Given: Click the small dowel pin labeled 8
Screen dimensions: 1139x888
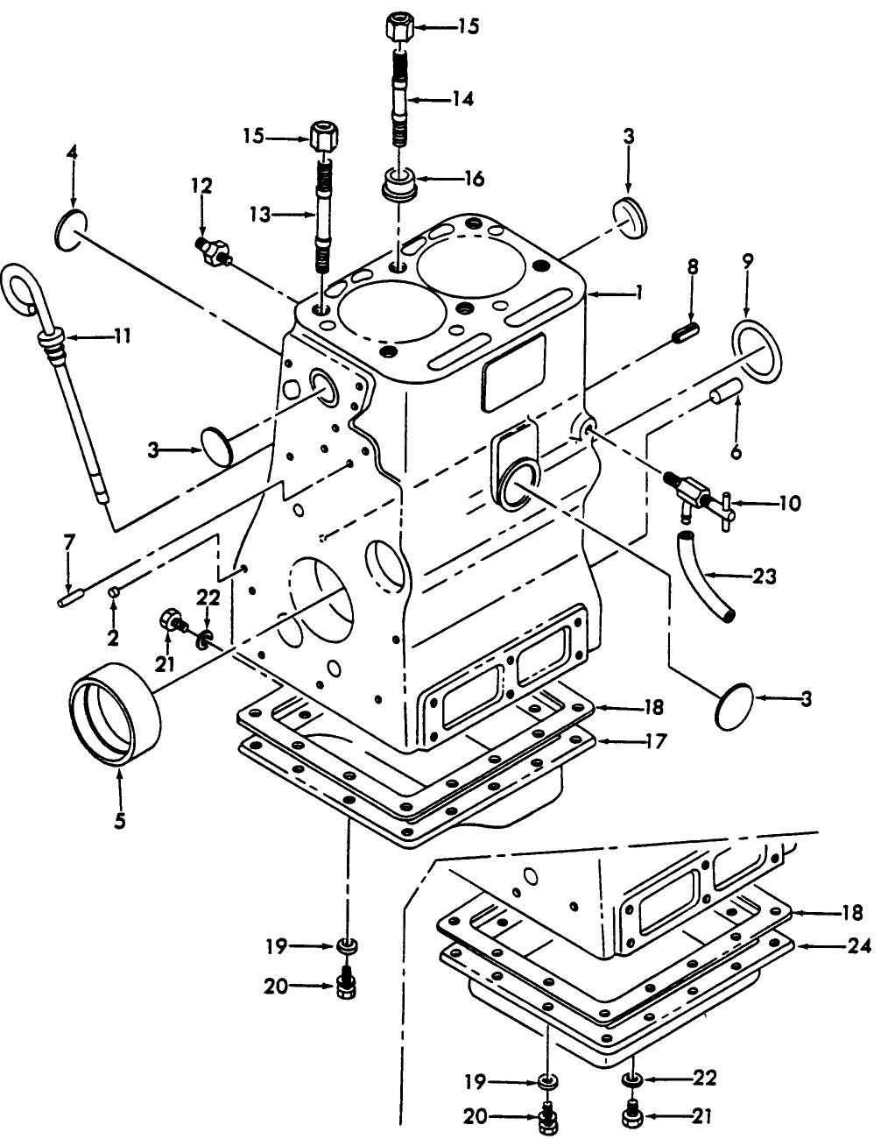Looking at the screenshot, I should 686,333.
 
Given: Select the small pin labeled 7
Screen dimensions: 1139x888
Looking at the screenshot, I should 69,600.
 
